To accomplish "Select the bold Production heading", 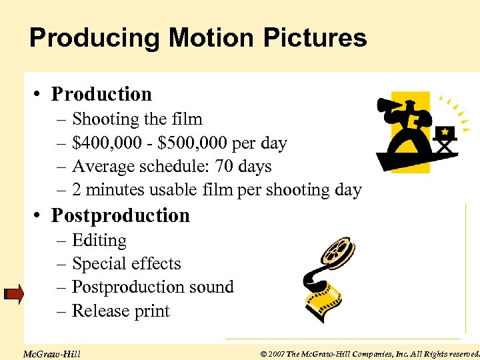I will pyautogui.click(x=101, y=94).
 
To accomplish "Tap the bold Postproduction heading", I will pyautogui.click(x=121, y=215).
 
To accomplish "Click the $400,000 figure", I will pyautogui.click(x=102, y=143).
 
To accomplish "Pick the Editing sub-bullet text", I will pyautogui.click(x=99, y=240).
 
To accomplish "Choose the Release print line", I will pyautogui.click(x=120, y=311).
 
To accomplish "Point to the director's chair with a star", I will pyautogui.click(x=444, y=138).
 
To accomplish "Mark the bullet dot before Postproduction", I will pyautogui.click(x=40, y=216).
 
